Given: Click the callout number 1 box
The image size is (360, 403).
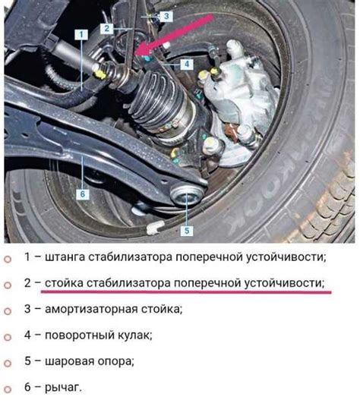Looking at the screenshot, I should tap(78, 34).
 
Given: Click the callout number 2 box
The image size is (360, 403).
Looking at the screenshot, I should tap(108, 27).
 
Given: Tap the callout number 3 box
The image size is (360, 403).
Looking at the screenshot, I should tap(167, 15).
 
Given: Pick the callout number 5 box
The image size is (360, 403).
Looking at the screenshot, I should tap(187, 230).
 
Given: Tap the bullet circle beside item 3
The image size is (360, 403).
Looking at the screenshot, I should tap(8, 310).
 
